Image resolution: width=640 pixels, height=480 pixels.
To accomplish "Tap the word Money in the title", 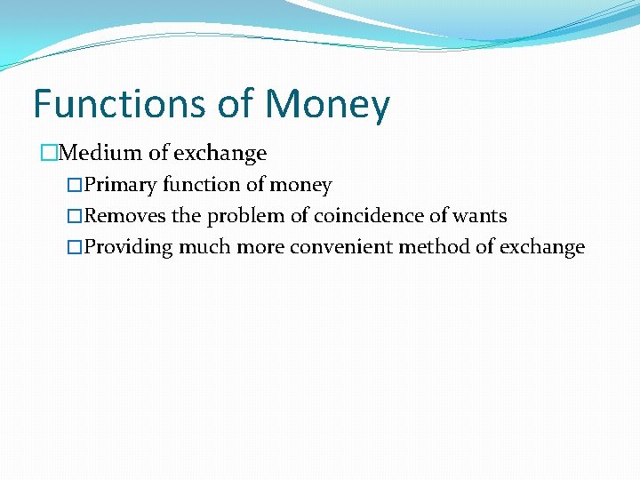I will click(327, 104).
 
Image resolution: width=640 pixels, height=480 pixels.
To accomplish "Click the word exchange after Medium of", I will click(220, 153).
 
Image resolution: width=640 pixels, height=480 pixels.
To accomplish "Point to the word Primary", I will click(121, 185).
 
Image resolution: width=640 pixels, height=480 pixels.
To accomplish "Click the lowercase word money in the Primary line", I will click(300, 186).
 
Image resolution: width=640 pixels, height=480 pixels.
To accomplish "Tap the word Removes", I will click(125, 216).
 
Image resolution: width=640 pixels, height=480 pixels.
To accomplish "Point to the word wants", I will click(482, 216).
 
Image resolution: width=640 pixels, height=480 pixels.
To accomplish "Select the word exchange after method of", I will click(542, 247).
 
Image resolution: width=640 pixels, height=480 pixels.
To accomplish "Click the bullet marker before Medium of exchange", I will click(49, 154).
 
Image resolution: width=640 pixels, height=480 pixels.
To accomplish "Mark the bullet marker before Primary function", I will click(75, 186).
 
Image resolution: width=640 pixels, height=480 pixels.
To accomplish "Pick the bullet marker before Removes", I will click(75, 217).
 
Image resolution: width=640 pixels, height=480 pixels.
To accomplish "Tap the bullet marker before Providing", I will click(75, 248).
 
